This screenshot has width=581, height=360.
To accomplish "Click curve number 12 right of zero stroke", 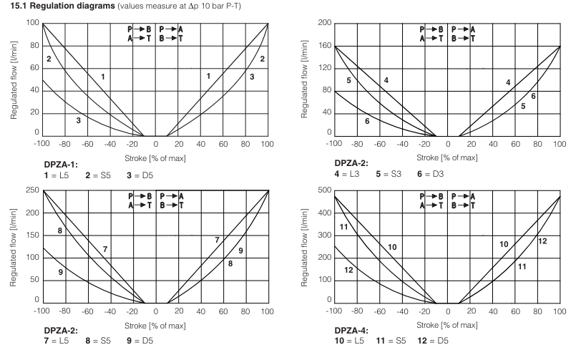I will pos(542,241).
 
